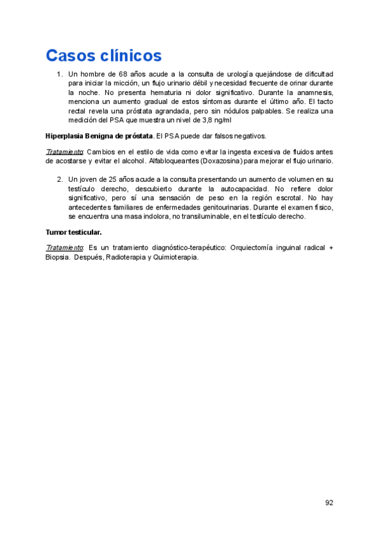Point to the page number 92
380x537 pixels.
[329, 502]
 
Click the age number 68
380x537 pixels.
[124, 75]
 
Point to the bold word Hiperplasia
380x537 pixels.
[66, 136]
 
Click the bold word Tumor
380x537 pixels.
[57, 232]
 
